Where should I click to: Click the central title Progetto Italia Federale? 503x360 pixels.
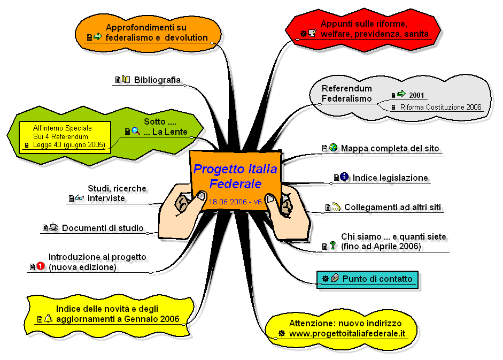pos(235,177)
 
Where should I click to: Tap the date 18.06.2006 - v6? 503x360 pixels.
pos(235,202)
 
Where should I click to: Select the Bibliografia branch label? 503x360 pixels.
pos(157,80)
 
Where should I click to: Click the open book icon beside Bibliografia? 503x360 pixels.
pos(126,79)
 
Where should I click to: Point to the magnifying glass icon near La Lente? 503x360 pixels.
pos(136,131)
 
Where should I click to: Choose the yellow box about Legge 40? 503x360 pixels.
pos(65,137)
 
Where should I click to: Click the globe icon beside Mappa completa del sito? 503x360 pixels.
pos(334,148)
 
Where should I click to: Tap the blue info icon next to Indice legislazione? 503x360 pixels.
pos(344,177)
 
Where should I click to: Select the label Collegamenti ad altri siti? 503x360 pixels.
pos(393,207)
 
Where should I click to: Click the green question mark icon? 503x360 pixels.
pos(333,246)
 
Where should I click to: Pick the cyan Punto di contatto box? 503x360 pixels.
pos(367,279)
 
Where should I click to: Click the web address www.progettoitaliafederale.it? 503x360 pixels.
pos(347,333)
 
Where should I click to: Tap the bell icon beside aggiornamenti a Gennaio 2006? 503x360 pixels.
pos(48,318)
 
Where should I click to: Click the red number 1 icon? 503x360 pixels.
pos(41,266)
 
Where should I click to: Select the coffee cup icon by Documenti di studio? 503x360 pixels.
pos(53,227)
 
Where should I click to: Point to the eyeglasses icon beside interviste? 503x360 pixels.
pos(80,197)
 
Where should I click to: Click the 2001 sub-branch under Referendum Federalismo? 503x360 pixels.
pos(416,95)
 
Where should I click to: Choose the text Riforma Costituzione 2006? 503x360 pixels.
pos(441,108)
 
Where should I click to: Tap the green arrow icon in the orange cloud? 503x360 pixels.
pos(98,36)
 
